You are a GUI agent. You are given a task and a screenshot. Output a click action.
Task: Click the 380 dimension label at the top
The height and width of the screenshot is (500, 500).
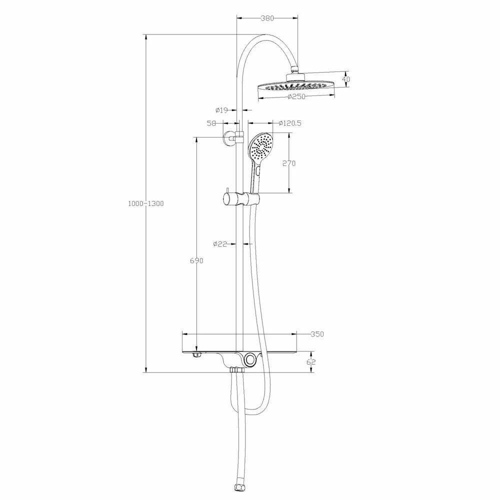click(x=267, y=18)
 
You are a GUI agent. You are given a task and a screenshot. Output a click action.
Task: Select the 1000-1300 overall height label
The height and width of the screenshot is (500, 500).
click(x=145, y=203)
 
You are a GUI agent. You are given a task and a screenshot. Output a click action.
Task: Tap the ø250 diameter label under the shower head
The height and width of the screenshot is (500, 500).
click(x=296, y=97)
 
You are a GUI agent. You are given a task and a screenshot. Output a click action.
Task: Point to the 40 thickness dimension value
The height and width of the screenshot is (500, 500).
click(x=346, y=79)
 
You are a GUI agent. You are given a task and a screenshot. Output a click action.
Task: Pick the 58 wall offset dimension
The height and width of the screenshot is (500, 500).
click(x=211, y=123)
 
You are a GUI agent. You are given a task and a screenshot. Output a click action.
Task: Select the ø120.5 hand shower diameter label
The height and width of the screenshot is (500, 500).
click(x=290, y=123)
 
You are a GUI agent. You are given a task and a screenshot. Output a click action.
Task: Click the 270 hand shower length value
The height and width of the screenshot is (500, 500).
click(x=289, y=163)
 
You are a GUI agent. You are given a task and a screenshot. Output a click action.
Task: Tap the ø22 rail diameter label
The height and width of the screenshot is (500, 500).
click(x=220, y=244)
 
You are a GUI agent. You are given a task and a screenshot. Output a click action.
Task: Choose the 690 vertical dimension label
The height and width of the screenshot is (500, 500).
click(x=196, y=260)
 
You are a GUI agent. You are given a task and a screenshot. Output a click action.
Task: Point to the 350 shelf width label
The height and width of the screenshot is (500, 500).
click(x=317, y=334)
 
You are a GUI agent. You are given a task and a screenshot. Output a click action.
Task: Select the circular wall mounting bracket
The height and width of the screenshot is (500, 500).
click(x=230, y=137)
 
